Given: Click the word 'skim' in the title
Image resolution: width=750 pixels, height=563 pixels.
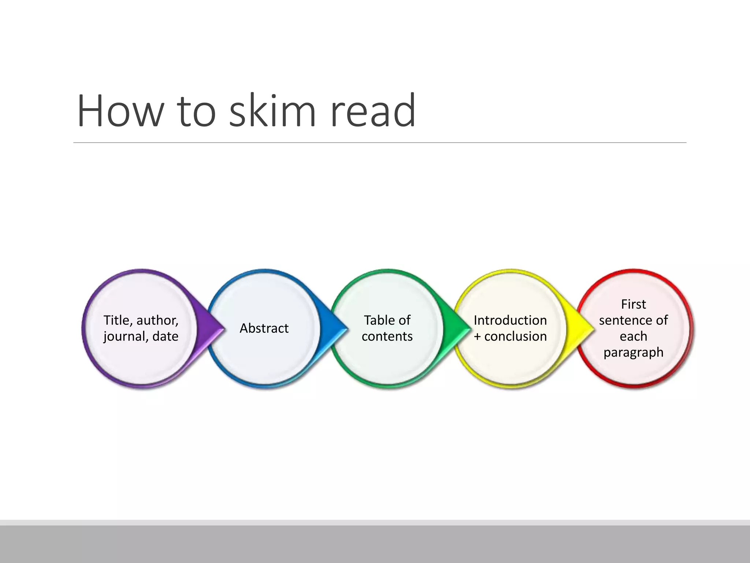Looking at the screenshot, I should pyautogui.click(x=272, y=111).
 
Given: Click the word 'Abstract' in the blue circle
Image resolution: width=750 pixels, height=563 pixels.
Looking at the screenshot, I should pyautogui.click(x=264, y=328).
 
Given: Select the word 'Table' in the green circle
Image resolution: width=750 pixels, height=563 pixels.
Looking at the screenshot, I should pyautogui.click(x=376, y=320).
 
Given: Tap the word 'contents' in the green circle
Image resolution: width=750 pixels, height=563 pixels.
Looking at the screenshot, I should pyautogui.click(x=387, y=336).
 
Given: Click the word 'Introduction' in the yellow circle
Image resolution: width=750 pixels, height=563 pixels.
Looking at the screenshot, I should pyautogui.click(x=510, y=320).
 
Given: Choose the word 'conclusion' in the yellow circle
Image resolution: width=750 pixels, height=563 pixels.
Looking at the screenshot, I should pyautogui.click(x=515, y=336).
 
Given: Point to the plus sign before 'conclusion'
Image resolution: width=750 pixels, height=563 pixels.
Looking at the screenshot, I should pyautogui.click(x=477, y=336).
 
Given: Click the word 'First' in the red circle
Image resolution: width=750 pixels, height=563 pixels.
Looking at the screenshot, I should pyautogui.click(x=633, y=304).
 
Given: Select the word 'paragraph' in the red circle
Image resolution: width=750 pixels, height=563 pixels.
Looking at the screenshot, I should pyautogui.click(x=633, y=352).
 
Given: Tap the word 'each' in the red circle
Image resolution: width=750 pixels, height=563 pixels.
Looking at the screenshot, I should pyautogui.click(x=633, y=336).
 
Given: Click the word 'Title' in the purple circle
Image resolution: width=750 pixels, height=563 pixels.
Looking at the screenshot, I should pyautogui.click(x=117, y=320).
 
